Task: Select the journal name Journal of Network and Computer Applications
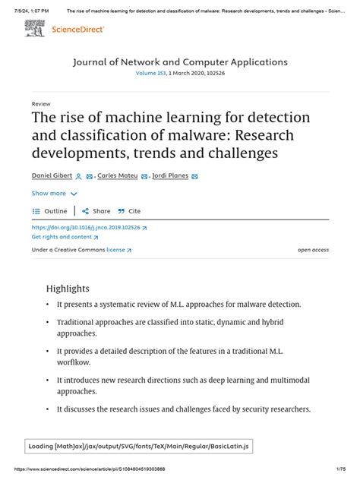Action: click(179, 62)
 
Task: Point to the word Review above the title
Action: click(41, 103)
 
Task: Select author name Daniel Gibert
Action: click(52, 176)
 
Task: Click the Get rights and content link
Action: click(65, 237)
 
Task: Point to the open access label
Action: click(313, 249)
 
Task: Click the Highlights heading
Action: click(68, 289)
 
